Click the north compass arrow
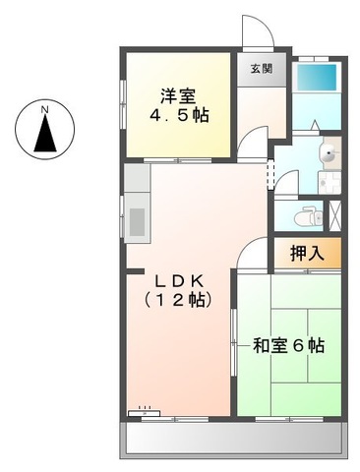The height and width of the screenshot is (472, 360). point(45,134)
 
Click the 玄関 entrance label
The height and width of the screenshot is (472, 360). point(262,68)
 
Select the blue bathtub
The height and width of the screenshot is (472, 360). point(316,78)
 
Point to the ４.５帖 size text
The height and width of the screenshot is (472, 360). point(179,115)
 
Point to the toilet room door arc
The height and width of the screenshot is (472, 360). point(286,183)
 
